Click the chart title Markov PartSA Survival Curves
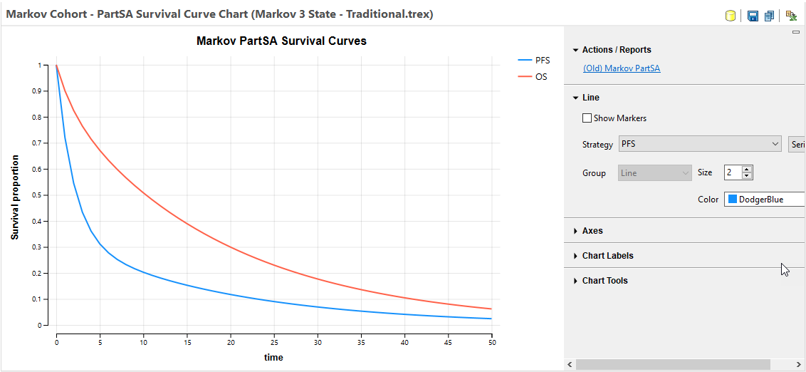[281, 41]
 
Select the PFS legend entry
[542, 61]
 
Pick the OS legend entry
[541, 76]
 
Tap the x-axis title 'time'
[273, 357]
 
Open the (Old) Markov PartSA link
[622, 68]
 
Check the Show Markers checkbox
[587, 118]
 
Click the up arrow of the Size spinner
[747, 170]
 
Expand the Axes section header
[592, 231]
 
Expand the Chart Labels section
[607, 256]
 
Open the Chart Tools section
[604, 281]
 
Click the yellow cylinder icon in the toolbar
[731, 16]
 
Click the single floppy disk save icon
[753, 16]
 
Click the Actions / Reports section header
[616, 50]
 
